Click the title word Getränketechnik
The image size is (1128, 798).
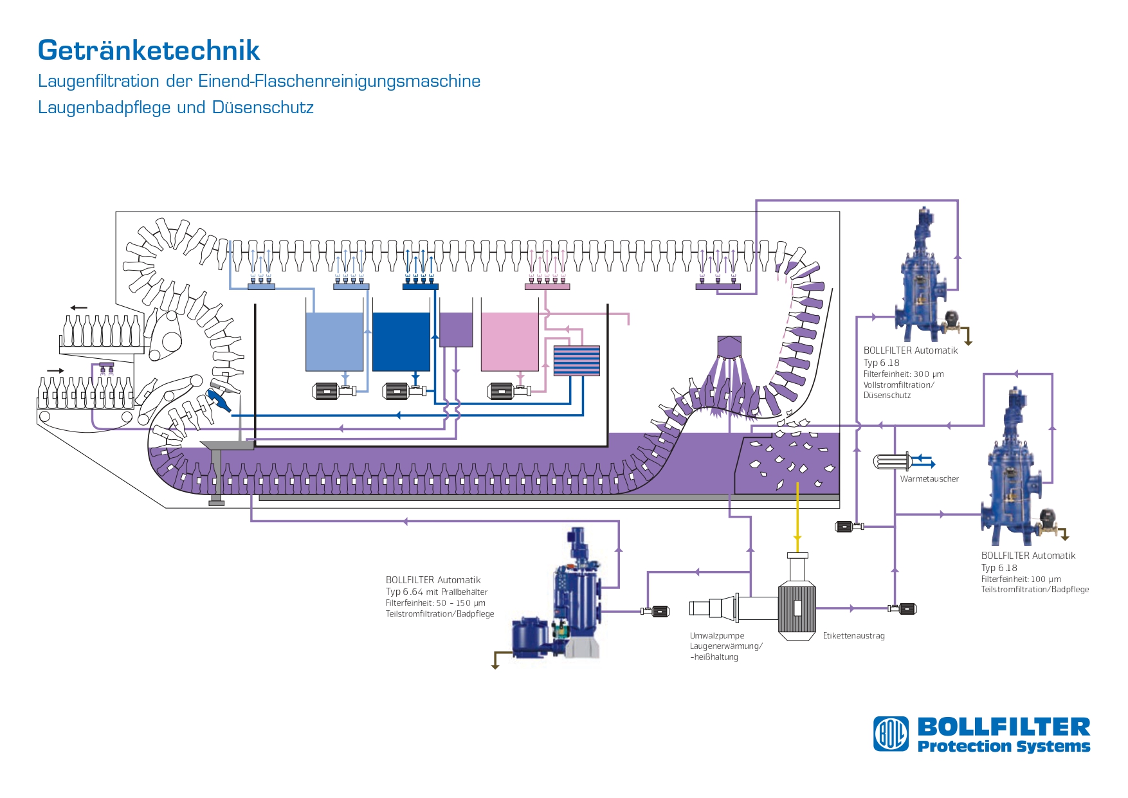[x=149, y=50]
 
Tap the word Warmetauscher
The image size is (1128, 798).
[x=929, y=479]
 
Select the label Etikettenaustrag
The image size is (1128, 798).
[x=854, y=636]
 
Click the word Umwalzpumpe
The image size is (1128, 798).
[x=717, y=636]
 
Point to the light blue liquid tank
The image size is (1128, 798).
[x=334, y=341]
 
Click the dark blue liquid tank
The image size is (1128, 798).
[x=401, y=341]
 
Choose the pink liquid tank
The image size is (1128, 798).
[x=510, y=341]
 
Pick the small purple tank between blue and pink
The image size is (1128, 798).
[x=456, y=330]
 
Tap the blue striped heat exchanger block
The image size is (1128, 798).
[x=577, y=361]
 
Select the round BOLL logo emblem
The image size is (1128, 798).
[x=891, y=734]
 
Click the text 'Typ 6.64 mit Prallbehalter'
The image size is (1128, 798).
[x=437, y=592]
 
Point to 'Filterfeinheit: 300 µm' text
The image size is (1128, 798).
[x=904, y=374]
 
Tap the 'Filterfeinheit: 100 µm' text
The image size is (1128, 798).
[x=1021, y=579]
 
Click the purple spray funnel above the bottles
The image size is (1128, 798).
[x=729, y=347]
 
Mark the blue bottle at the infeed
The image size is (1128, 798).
[x=218, y=401]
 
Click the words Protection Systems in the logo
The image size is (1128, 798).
[x=1004, y=746]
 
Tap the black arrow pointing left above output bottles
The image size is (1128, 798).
[x=78, y=307]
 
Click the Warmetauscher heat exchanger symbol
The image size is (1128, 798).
[x=893, y=461]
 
